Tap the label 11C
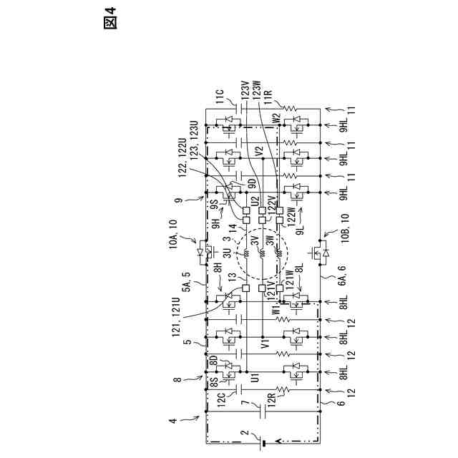click(220, 98)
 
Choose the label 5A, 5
click(187, 278)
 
